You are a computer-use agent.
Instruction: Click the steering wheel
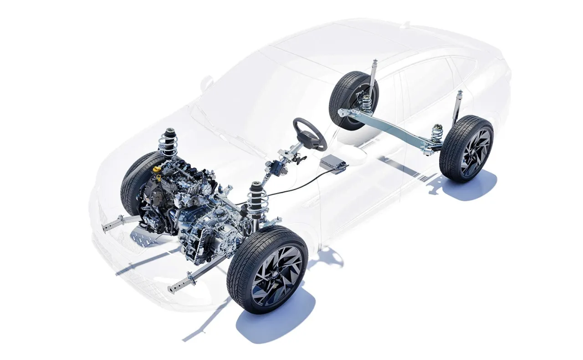pos(310,133)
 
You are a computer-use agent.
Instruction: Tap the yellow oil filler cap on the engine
pos(157,170)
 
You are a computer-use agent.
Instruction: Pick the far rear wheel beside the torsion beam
pos(348,100)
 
